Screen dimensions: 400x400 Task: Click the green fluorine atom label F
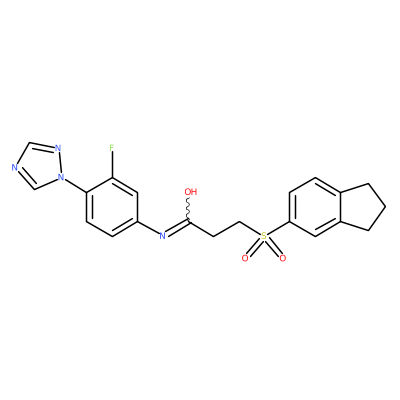click(112, 147)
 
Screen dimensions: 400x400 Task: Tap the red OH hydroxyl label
click(191, 192)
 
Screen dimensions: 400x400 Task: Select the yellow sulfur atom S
click(264, 236)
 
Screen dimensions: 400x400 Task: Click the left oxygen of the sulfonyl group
click(245, 258)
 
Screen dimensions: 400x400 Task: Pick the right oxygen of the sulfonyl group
click(283, 258)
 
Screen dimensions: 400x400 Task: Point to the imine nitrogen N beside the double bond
click(162, 236)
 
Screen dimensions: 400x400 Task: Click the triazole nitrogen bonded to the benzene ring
click(61, 177)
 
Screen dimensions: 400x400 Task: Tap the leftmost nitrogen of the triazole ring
click(14, 167)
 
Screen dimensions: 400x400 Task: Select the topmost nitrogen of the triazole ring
click(58, 148)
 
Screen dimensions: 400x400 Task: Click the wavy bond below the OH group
click(189, 209)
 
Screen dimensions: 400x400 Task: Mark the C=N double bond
click(178, 228)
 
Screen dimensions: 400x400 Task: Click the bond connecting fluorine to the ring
click(112, 165)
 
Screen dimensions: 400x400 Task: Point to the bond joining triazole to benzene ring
click(75, 184)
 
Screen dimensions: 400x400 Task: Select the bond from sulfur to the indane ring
click(278, 228)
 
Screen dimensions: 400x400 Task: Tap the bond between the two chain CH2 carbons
click(227, 229)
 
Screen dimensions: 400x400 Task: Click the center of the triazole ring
click(39, 166)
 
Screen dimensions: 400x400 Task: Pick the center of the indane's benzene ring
click(315, 207)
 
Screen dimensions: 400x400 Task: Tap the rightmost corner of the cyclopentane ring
click(386, 207)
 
